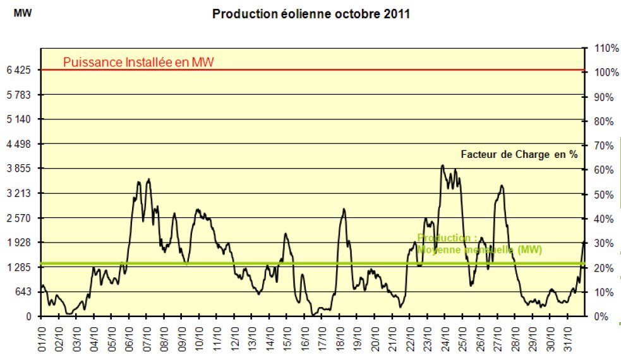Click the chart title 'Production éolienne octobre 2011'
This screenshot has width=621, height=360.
(311, 14)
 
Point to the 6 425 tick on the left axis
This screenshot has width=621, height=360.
(19, 70)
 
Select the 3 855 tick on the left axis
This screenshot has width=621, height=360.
(19, 169)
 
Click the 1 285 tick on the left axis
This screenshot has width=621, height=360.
(19, 267)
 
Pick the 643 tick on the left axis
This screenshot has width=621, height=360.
(23, 292)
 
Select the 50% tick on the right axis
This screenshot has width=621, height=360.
(603, 195)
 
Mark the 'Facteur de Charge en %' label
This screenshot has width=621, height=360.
(519, 154)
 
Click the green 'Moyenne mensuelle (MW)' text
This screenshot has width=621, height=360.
(479, 250)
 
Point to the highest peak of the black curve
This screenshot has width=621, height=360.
(442, 165)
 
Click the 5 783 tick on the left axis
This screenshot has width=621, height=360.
(19, 95)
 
